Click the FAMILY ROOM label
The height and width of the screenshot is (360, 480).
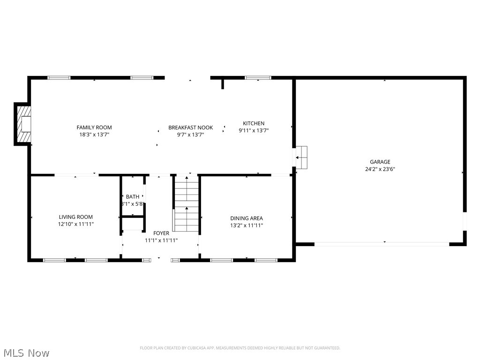[94, 127]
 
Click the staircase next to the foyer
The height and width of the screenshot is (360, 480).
[187, 203]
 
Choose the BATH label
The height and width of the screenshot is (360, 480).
[133, 197]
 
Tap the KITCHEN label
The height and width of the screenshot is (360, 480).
[254, 124]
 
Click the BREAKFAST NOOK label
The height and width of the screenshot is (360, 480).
[190, 127]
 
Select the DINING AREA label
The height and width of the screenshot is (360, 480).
[246, 218]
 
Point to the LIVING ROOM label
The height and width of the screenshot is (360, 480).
[75, 217]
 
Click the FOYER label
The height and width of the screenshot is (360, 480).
[161, 233]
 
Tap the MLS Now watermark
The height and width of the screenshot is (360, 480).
[26, 352]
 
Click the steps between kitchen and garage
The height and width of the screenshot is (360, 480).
[301, 157]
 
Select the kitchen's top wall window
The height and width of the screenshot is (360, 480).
[258, 78]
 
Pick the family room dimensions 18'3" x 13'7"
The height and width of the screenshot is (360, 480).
[94, 135]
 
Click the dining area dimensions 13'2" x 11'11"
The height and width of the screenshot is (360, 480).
[246, 225]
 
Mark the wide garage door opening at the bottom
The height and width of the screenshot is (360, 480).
[382, 244]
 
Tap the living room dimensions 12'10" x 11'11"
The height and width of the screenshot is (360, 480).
[75, 225]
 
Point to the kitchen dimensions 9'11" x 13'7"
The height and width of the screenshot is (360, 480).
[254, 131]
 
